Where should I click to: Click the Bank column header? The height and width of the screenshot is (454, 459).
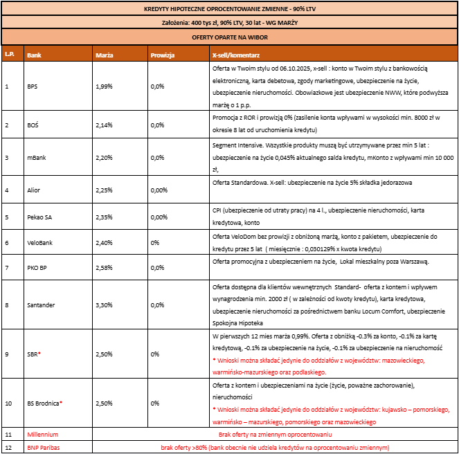pyautogui.click(x=33, y=54)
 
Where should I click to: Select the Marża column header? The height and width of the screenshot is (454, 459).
pyautogui.click(x=105, y=54)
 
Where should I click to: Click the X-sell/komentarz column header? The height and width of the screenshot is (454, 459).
pyautogui.click(x=235, y=54)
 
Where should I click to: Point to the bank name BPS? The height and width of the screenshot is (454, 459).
pyautogui.click(x=32, y=87)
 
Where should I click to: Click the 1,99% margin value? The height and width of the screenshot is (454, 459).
pyautogui.click(x=103, y=87)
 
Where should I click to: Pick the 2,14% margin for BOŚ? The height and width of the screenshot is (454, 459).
pyautogui.click(x=103, y=125)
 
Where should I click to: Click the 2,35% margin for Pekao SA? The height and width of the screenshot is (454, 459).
pyautogui.click(x=103, y=217)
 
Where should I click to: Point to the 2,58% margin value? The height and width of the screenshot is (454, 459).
pyautogui.click(x=103, y=266)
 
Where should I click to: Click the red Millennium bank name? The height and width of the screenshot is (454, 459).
pyautogui.click(x=42, y=434)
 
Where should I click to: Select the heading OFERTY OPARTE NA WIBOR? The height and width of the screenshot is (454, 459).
pyautogui.click(x=228, y=37)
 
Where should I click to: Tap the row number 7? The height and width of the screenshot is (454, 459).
pyautogui.click(x=6, y=266)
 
